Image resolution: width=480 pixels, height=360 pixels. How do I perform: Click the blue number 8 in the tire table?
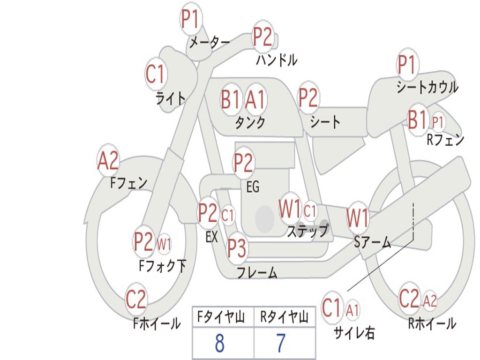click(x=219, y=344)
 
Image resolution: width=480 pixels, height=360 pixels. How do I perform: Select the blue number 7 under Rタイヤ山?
click(x=280, y=344)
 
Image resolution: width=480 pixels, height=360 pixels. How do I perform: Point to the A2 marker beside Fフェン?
click(x=108, y=161)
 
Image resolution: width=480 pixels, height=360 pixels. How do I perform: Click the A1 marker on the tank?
click(x=255, y=99)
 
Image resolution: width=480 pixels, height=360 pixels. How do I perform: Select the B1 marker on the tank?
click(x=231, y=99)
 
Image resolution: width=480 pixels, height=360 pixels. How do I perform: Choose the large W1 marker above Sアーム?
click(x=358, y=218)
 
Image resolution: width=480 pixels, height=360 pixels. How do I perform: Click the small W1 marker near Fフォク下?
click(x=164, y=244)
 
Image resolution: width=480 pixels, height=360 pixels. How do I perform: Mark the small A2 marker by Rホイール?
click(x=430, y=300)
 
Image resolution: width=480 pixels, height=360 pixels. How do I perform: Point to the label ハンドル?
click(x=277, y=60)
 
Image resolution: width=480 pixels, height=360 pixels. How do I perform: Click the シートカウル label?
click(x=427, y=87)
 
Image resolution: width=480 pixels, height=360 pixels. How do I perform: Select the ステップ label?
click(x=307, y=231)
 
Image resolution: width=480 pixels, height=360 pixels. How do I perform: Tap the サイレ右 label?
click(x=354, y=332)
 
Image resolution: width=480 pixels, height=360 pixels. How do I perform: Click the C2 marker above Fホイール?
click(x=136, y=299)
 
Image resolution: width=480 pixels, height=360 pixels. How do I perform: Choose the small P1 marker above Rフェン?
click(x=437, y=122)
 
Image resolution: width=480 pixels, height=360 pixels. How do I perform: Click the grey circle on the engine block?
click(x=265, y=218)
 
